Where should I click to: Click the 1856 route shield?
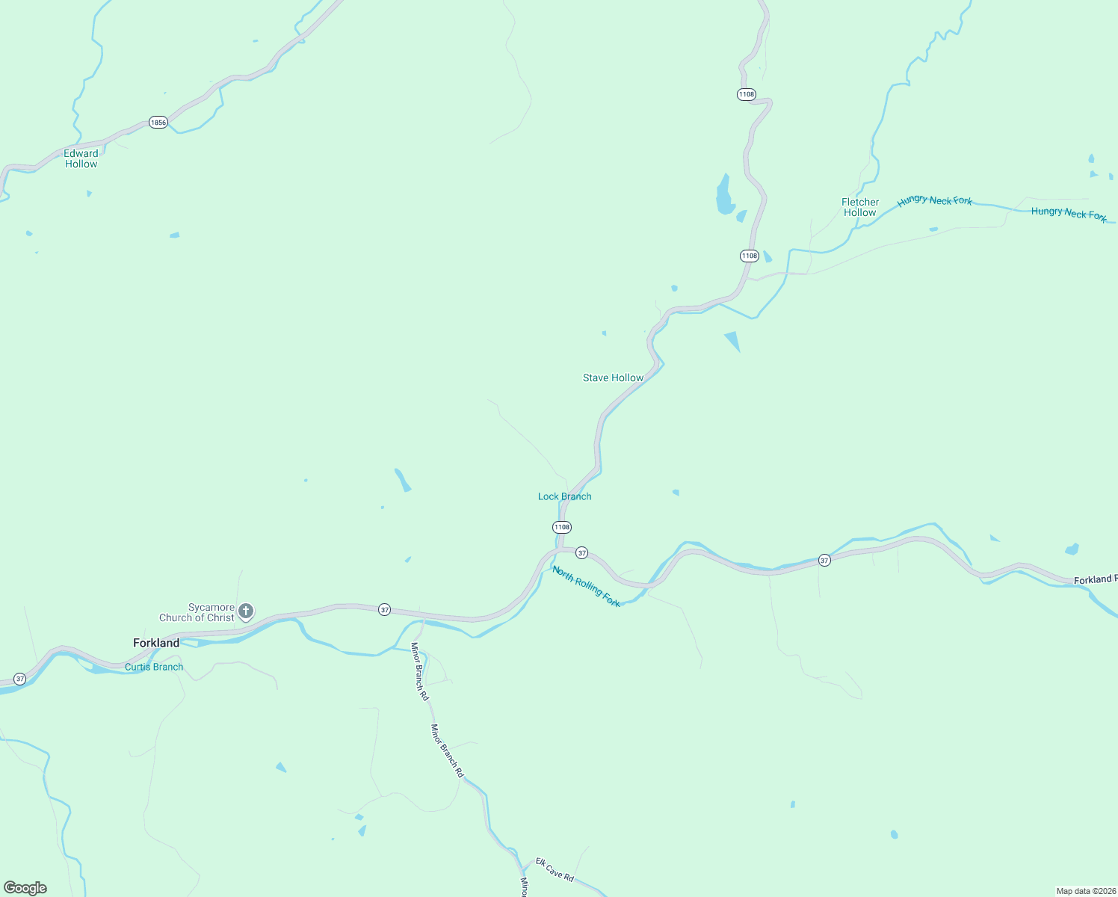coord(158,122)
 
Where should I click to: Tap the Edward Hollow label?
coord(81,158)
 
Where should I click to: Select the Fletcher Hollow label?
coord(860,207)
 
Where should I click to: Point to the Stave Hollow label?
coord(613,377)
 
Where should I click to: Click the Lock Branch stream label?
coord(564,496)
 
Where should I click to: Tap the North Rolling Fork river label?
coord(587,587)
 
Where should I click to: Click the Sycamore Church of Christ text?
coord(197,612)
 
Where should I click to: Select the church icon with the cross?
coord(246,612)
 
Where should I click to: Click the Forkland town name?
coord(156,643)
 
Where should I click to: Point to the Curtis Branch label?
coord(154,667)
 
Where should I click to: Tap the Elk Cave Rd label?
coord(555,869)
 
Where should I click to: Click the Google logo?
coord(25,888)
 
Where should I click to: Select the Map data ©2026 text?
coord(1086,891)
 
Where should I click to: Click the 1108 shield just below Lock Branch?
coord(562,527)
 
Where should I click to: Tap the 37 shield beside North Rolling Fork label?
coord(581,553)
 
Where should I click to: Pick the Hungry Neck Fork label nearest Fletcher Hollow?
coord(935,200)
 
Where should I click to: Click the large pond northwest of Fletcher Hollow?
coord(723,197)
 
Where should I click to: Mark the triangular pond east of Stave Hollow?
coord(733,340)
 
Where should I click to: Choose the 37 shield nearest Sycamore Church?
coord(384,610)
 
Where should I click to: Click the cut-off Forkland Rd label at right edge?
coord(1096,579)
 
